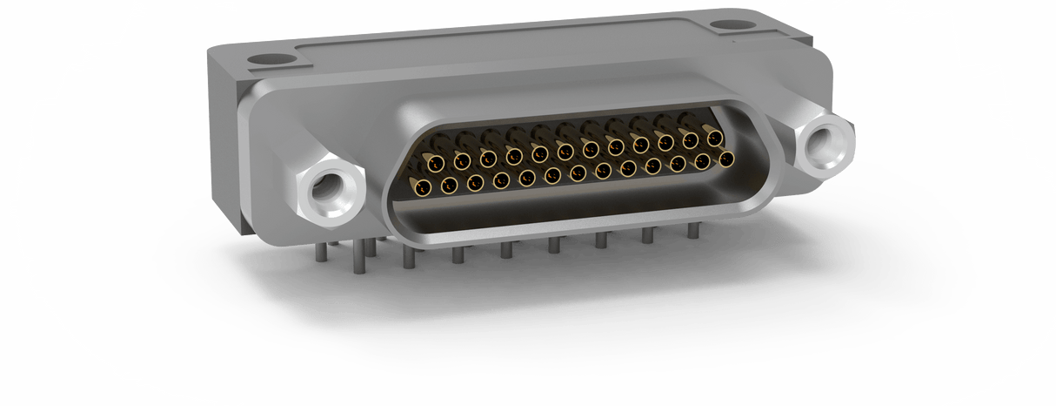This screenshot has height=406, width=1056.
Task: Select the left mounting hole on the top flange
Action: click(x=262, y=62)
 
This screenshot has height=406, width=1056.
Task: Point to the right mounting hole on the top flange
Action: click(x=727, y=27)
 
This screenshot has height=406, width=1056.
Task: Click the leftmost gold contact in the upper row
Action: click(x=436, y=163)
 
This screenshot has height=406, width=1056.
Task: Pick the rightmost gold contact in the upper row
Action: click(x=715, y=139)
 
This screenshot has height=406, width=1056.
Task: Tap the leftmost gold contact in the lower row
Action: click(x=424, y=186)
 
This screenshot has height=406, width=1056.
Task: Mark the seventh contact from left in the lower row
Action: click(x=578, y=173)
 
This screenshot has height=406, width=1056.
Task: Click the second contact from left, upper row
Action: click(x=462, y=160)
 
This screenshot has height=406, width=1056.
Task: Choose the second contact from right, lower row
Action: click(x=702, y=161)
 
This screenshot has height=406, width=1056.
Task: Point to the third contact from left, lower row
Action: click(x=475, y=182)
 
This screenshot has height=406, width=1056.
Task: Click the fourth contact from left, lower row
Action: click(x=501, y=179)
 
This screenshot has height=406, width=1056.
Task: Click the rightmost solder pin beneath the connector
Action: click(x=693, y=231)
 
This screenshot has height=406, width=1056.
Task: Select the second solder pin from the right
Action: click(x=646, y=236)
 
